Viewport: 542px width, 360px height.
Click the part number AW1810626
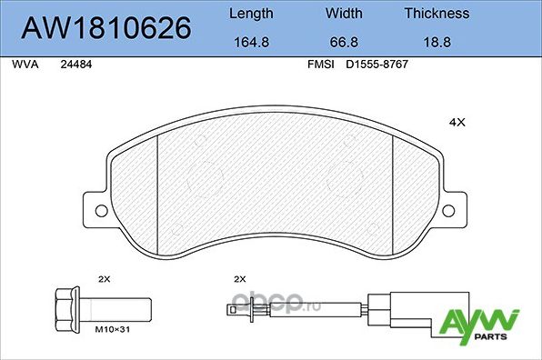(x=105, y=27)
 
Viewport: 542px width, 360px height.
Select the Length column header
(x=251, y=14)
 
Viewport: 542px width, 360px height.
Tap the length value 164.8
(x=251, y=42)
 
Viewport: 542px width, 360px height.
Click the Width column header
(x=344, y=14)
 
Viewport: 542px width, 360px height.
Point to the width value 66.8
(x=344, y=42)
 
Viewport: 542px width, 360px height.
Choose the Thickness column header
(x=437, y=14)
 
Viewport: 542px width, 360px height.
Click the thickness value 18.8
(x=437, y=42)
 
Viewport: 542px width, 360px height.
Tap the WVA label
(x=25, y=65)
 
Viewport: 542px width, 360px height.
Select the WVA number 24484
(x=76, y=65)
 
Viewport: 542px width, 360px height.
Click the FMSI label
(x=321, y=65)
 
